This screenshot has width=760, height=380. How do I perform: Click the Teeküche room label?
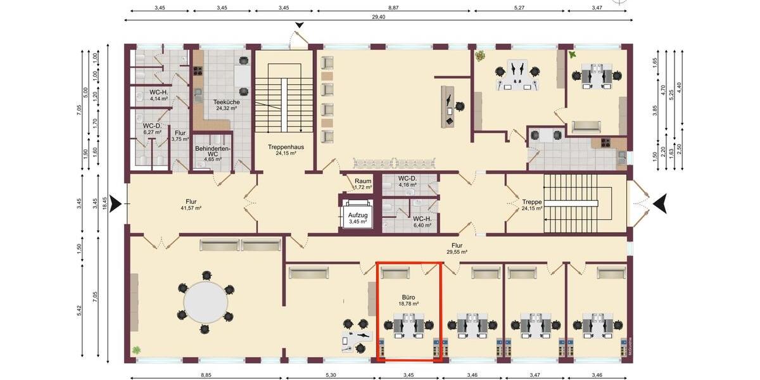pyautogui.click(x=226, y=104)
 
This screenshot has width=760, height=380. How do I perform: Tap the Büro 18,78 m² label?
pyautogui.click(x=410, y=300)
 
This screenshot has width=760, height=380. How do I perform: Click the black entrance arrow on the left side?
pyautogui.click(x=115, y=204)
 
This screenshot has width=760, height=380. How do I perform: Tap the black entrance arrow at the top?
pyautogui.click(x=300, y=25)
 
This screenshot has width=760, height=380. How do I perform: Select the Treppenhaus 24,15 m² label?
pyautogui.click(x=286, y=149)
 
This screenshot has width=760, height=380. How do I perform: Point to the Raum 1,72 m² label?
pyautogui.click(x=363, y=184)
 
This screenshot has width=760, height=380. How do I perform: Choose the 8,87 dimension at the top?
pyautogui.click(x=393, y=8)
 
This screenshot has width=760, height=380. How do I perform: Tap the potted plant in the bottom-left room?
pyautogui.click(x=136, y=350)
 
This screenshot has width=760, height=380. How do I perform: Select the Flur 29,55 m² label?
pyautogui.click(x=457, y=248)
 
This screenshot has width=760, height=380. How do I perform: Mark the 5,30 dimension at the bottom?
pyautogui.click(x=331, y=375)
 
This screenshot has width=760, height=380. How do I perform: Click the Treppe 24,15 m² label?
pyautogui.click(x=531, y=205)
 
